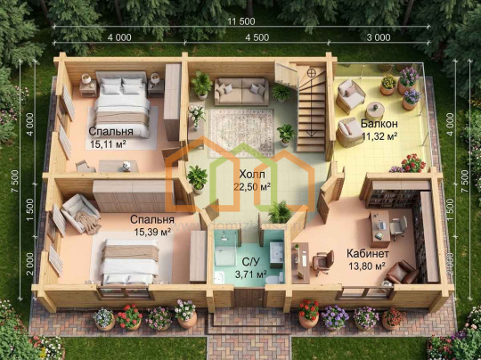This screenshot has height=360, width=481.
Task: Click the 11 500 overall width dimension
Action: pos(241,21)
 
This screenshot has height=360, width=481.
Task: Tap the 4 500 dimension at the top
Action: pos(257,37)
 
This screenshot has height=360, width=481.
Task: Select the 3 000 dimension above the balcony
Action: pos(379,37)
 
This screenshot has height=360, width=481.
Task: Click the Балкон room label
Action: pos(379,123)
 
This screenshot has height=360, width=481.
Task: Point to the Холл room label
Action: pos(252,175)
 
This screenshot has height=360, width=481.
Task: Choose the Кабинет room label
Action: pos(368,254)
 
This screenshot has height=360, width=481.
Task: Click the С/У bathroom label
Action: pos(251,262)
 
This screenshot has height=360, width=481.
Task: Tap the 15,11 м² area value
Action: pos(108,144)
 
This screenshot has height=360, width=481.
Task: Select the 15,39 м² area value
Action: pos(152,232)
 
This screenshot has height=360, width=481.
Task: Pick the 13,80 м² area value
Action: pos(367,266)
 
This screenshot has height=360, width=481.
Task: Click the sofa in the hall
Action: pos(241,92)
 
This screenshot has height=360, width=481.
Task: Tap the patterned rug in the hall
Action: pos(241,133)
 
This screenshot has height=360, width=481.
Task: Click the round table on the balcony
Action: pos(374,111)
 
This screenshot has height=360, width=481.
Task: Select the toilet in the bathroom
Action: pos(273,279)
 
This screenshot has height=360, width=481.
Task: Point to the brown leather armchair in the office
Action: pos(402,272)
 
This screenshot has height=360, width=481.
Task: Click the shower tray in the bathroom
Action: pos(225,257)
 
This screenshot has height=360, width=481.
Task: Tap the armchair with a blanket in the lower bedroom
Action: pos(80,214)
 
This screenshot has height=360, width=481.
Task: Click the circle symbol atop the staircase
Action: pos(312,73)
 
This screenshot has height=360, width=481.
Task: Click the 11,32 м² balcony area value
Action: pos(379,136)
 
